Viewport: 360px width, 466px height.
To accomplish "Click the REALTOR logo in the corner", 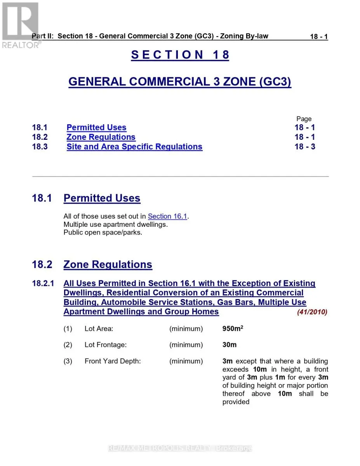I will point(20,24).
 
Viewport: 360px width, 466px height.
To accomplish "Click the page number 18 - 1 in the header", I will point(318,37).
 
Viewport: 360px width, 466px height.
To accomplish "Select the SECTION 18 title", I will point(180,55).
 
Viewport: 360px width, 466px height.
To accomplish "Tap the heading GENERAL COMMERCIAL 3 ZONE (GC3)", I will point(180,82).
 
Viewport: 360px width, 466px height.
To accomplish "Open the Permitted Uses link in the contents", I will point(96,127).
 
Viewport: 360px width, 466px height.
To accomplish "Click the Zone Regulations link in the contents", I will point(101,137).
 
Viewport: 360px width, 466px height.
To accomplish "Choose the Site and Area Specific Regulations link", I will point(134,147).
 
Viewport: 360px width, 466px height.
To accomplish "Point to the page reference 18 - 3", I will point(305,147).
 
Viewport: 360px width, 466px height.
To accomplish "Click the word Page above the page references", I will point(304,119).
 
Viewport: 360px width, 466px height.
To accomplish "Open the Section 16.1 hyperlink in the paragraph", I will point(167,216).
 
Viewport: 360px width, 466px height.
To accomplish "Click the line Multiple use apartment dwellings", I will point(116,224).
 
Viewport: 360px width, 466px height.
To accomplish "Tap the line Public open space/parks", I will point(103,233).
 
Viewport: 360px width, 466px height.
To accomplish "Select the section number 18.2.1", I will point(43,284).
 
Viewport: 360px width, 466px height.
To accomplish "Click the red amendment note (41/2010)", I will point(312,312).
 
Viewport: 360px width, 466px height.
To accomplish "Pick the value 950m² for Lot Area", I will point(233,329).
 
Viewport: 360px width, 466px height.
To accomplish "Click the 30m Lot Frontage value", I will point(230,345).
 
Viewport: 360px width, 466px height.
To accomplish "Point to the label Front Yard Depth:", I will point(113,361).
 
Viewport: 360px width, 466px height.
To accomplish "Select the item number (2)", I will point(68,345).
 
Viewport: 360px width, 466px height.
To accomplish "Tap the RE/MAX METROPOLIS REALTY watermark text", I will point(180,448).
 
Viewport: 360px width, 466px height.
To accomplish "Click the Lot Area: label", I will point(99,329).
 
